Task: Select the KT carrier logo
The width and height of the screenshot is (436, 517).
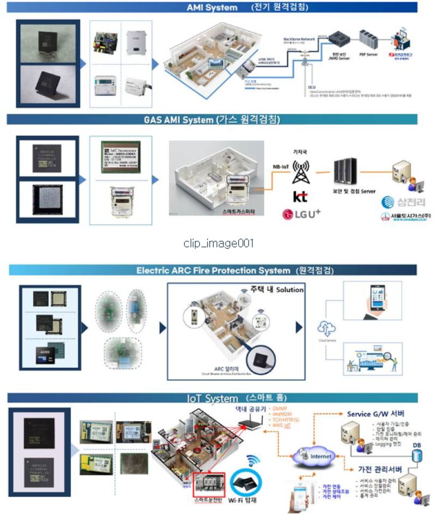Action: point(300,196)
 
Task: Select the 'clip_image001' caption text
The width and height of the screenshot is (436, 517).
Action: point(219,243)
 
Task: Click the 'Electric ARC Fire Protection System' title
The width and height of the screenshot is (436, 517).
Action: point(213,270)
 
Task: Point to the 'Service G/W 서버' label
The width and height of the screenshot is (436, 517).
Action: point(375,414)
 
